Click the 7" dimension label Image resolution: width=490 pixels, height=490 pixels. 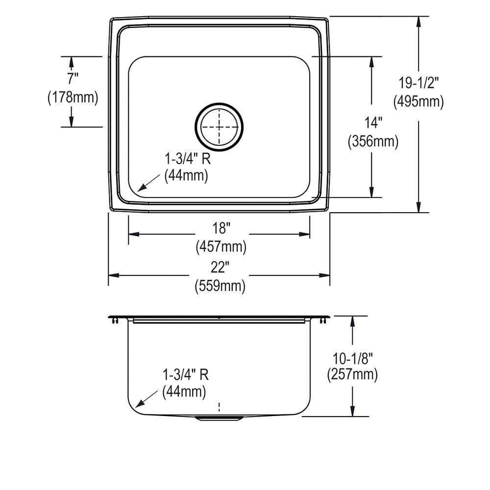(x=72, y=78)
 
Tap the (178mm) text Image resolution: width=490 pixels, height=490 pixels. (x=73, y=98)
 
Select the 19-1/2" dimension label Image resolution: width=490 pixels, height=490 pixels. (x=418, y=83)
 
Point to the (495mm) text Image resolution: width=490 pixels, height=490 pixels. (x=418, y=101)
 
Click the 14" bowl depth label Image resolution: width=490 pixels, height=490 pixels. (x=372, y=122)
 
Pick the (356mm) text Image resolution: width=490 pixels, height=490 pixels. (x=372, y=142)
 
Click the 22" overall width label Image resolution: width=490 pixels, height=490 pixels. (x=220, y=267)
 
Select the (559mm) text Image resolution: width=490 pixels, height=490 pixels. (x=220, y=286)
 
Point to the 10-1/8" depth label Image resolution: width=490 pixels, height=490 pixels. (x=352, y=357)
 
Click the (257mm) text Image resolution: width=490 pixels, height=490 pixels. (x=352, y=375)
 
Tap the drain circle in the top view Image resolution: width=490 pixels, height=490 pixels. (x=219, y=126)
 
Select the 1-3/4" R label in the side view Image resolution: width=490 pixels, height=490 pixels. (x=185, y=375)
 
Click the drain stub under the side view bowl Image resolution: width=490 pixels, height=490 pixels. (x=219, y=418)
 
